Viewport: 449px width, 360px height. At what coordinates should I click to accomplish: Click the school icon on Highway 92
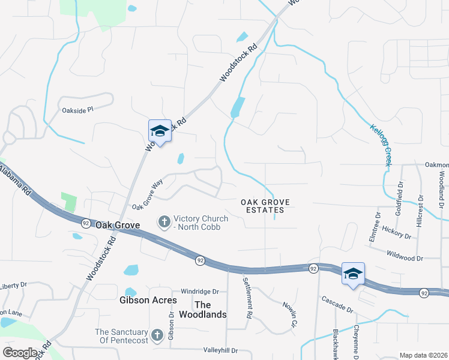pos(353,273)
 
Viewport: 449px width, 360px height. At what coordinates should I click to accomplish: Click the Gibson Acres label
pos(148,300)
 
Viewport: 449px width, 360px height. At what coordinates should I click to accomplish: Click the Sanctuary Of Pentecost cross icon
pos(157,335)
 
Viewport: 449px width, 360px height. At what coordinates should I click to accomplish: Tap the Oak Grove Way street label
pos(148,196)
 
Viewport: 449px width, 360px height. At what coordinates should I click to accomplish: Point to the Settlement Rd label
pos(247,298)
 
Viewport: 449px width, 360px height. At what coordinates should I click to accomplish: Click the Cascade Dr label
pos(337,304)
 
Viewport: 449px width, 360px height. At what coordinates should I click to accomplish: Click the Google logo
pos(20,353)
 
